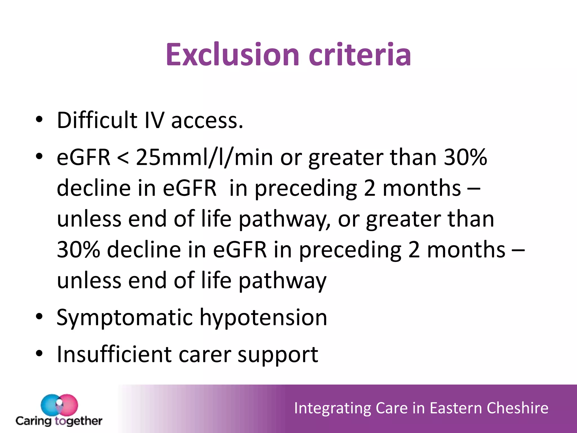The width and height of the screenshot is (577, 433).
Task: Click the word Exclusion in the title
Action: (x=232, y=55)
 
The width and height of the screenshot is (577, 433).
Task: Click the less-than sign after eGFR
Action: (x=123, y=158)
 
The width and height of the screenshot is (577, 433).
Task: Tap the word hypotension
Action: (x=263, y=318)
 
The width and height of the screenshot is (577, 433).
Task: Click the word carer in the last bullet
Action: (x=205, y=355)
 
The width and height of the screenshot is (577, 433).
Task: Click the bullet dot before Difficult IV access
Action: (x=39, y=120)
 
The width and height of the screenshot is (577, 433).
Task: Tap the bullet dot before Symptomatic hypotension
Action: (x=39, y=316)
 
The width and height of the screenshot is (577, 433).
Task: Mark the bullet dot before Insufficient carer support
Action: (x=39, y=353)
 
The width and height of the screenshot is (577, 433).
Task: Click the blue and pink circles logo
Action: (x=59, y=405)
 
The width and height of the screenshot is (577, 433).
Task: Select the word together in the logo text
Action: (x=78, y=421)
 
